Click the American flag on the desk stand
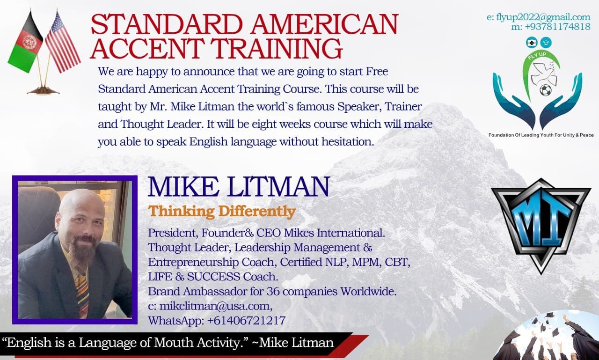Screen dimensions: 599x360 pyautogui.click(x=62, y=43)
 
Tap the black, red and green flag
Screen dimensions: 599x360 pyautogui.click(x=25, y=43)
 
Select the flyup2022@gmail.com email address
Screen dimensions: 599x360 pyautogui.click(x=543, y=17)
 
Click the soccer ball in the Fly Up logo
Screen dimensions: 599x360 pyautogui.click(x=546, y=90)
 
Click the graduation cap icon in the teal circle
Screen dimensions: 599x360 pyautogui.click(x=546, y=43)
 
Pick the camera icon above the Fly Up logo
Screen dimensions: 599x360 pyautogui.click(x=531, y=43)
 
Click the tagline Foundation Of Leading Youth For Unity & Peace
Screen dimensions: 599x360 pyautogui.click(x=541, y=135)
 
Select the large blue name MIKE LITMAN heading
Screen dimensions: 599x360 pyautogui.click(x=239, y=187)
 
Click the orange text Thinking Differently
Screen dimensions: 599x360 pyautogui.click(x=222, y=211)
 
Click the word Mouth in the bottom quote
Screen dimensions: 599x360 pyautogui.click(x=174, y=343)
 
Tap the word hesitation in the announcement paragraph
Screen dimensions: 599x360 pyautogui.click(x=348, y=141)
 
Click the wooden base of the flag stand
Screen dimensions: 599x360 pyautogui.click(x=43, y=91)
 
